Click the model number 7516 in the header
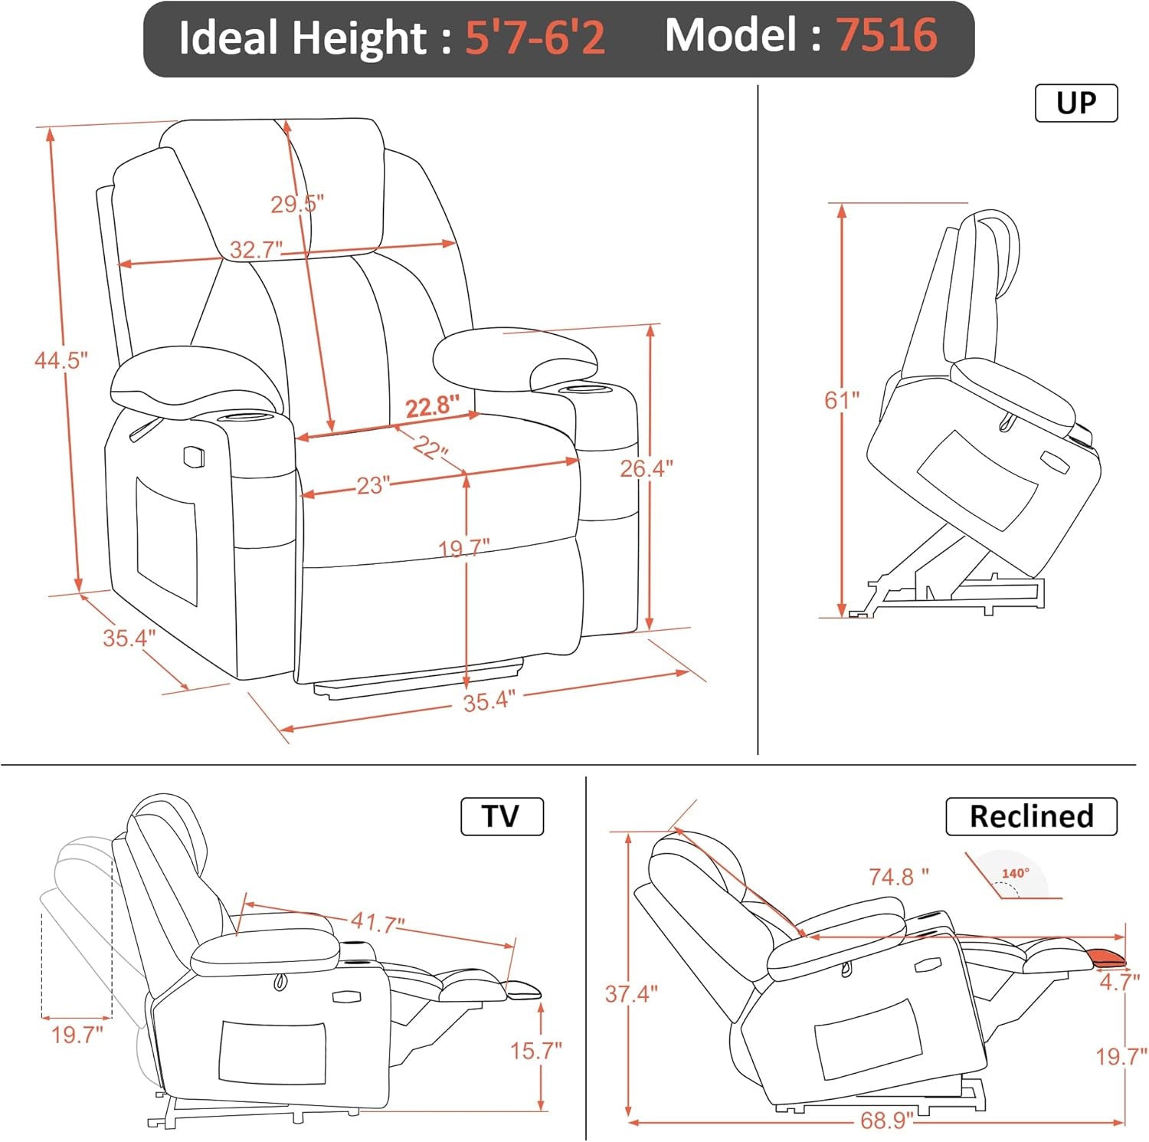(886, 35)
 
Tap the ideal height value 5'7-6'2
(535, 37)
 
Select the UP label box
(1075, 103)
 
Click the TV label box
(501, 816)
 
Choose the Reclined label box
(1031, 816)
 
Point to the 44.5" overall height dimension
(61, 359)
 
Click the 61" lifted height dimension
(841, 399)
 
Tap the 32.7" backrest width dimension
(256, 249)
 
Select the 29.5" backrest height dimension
(297, 204)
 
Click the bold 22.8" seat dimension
(432, 405)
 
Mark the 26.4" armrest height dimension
(646, 468)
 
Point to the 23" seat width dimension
(373, 485)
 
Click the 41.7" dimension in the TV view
(378, 923)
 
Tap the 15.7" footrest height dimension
(536, 1050)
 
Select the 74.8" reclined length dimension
(898, 876)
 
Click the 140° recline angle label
(1015, 873)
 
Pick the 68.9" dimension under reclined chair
(886, 1121)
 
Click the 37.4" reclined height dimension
(631, 994)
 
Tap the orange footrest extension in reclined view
(1106, 957)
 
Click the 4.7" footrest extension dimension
(1119, 982)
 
